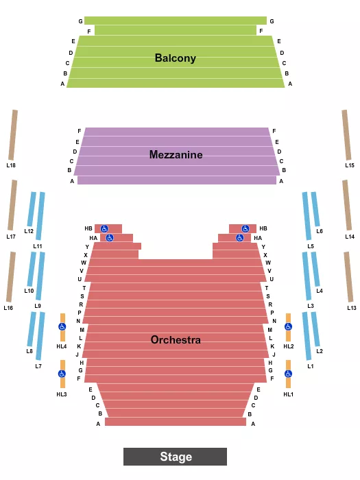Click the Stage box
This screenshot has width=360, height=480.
pyautogui.click(x=175, y=457)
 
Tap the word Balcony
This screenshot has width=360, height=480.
pyautogui.click(x=175, y=58)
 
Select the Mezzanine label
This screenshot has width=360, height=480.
pyautogui.click(x=176, y=155)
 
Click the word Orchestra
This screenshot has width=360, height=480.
pyautogui.click(x=176, y=340)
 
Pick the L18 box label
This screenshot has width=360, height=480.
pyautogui.click(x=12, y=165)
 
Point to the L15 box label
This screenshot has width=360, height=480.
pyautogui.click(x=350, y=165)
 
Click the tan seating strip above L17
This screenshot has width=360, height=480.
pyautogui.click(x=12, y=205)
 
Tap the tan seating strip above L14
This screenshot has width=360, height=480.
pyautogui.click(x=347, y=205)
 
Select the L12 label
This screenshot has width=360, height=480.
pyautogui.click(x=29, y=231)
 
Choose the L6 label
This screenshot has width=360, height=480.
pyautogui.click(x=320, y=231)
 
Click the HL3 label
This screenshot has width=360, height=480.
pyautogui.click(x=62, y=394)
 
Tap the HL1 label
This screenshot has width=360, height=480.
pyautogui.click(x=288, y=394)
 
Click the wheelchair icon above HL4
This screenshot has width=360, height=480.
pyautogui.click(x=62, y=327)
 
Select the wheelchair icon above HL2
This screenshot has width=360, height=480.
pyautogui.click(x=288, y=327)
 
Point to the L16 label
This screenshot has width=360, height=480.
pyautogui.click(x=8, y=308)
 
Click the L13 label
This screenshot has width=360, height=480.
pyautogui.click(x=351, y=308)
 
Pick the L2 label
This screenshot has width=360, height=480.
pyautogui.click(x=320, y=351)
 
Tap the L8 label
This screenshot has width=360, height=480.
pyautogui.click(x=29, y=351)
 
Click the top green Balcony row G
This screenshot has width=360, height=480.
pyautogui.click(x=175, y=21)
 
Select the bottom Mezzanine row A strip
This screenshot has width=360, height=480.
pyautogui.click(x=176, y=180)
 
